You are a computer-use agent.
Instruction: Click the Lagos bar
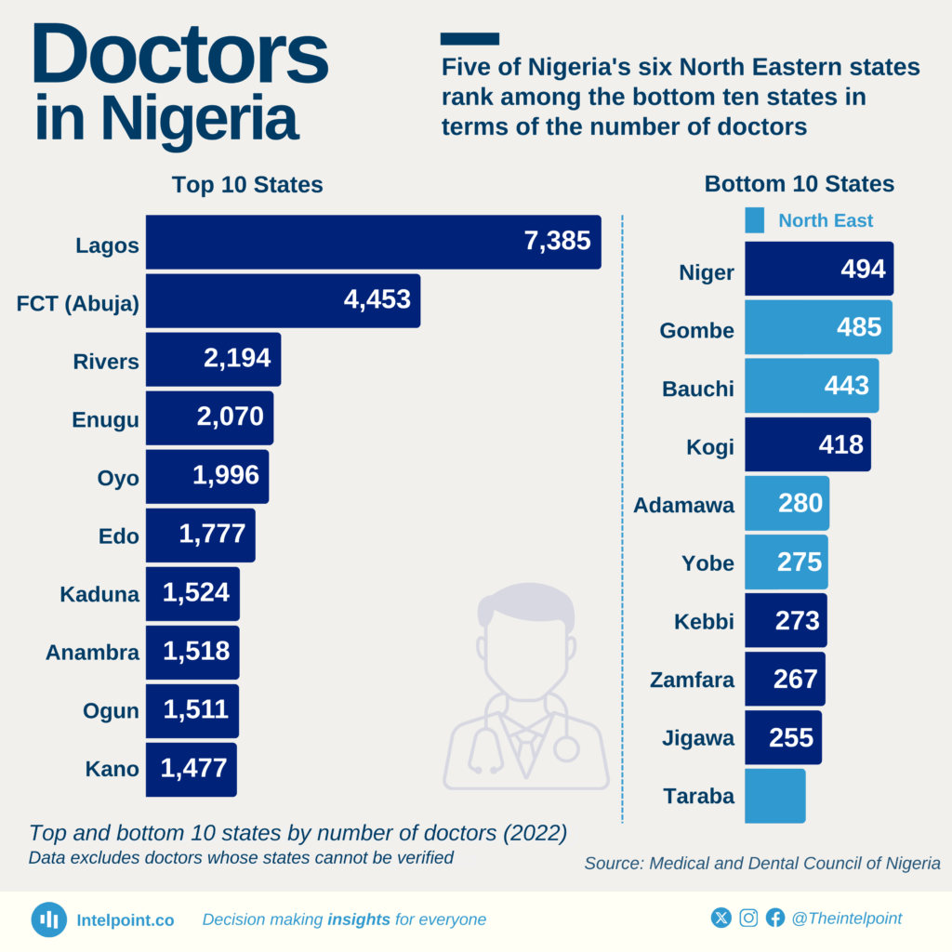(x=372, y=243)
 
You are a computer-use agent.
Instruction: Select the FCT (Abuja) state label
(x=78, y=304)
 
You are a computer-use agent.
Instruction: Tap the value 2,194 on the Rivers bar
(x=237, y=359)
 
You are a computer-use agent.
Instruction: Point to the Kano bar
(x=191, y=770)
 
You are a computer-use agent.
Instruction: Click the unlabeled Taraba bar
(x=775, y=796)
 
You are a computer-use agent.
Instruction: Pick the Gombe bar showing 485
(x=818, y=327)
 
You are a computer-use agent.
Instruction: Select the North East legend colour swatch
(x=755, y=220)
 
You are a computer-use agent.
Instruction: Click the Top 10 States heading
(x=247, y=185)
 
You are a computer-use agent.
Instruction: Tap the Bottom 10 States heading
(x=800, y=184)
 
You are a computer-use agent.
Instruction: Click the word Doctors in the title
(x=180, y=58)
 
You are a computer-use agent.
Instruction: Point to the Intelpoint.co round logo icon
(x=48, y=919)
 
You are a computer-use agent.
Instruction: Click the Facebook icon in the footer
(x=775, y=919)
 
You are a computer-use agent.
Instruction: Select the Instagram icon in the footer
(x=748, y=919)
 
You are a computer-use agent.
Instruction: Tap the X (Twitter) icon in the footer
(x=721, y=919)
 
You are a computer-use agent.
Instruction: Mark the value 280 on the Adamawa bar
(x=800, y=503)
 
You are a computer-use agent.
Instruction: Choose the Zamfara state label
(x=692, y=680)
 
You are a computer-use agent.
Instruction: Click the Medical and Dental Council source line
(x=762, y=864)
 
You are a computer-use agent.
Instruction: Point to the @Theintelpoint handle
(x=847, y=919)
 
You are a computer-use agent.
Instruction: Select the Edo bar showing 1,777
(x=200, y=535)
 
